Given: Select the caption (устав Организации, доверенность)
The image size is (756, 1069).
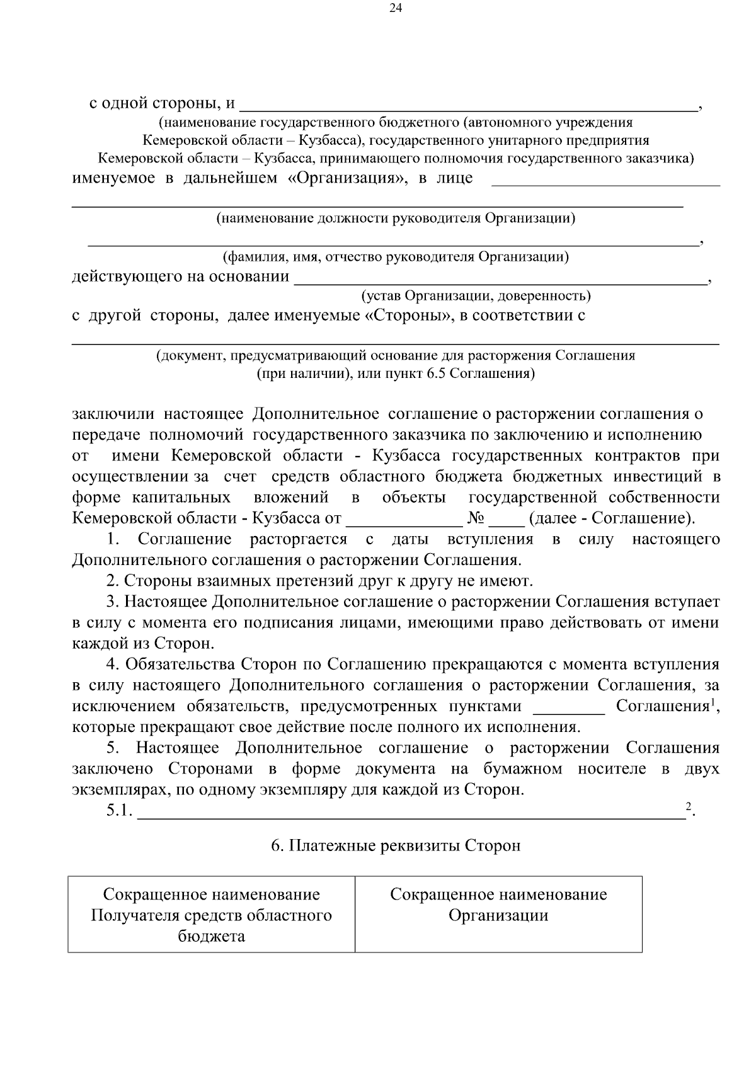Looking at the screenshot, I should [476, 296].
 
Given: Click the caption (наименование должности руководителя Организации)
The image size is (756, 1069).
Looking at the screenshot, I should [396, 219].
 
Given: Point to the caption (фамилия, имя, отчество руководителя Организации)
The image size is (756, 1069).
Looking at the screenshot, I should [396, 257].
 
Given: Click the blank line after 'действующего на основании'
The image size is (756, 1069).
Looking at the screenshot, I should [501, 278].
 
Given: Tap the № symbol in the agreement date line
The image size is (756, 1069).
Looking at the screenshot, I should [475, 519].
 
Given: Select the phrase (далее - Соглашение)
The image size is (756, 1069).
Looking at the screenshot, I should [612, 519].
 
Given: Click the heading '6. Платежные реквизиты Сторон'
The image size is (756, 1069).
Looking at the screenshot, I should [396, 845].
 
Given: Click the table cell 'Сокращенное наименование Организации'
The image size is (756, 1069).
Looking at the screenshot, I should [498, 905].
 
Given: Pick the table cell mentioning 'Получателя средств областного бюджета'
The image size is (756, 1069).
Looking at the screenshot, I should [212, 915].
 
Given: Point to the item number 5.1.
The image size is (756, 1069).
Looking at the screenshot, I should [118, 812].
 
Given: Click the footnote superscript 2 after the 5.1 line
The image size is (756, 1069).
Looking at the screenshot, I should [688, 807].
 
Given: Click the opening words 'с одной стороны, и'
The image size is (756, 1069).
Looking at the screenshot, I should [162, 103].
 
